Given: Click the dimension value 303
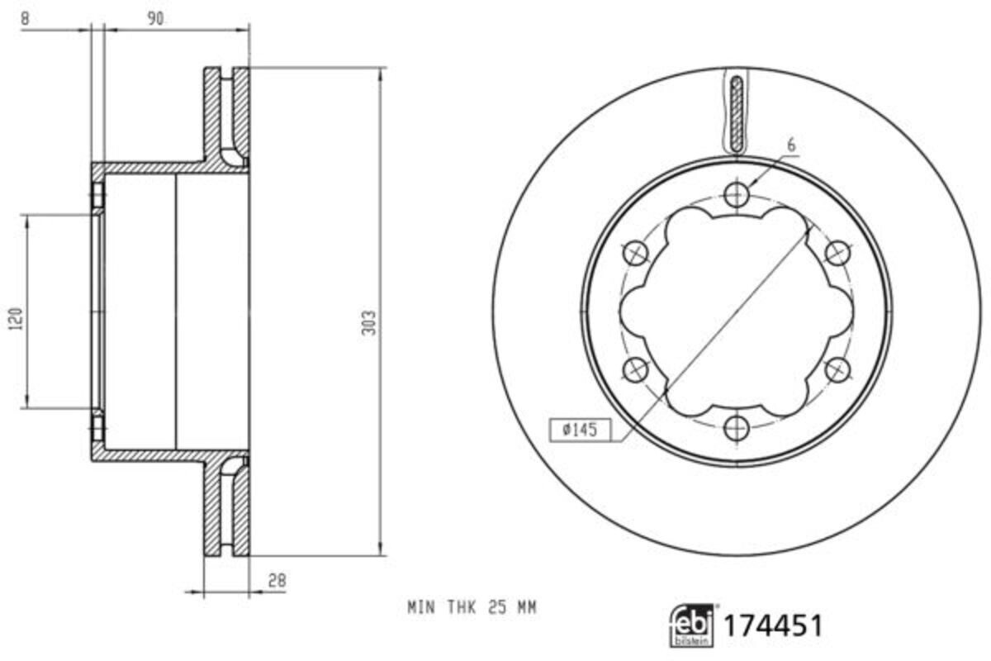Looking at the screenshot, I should pyautogui.click(x=369, y=322).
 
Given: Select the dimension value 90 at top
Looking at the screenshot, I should pyautogui.click(x=154, y=19).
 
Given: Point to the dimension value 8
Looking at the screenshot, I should pyautogui.click(x=26, y=19).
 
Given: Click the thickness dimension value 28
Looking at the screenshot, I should pyautogui.click(x=277, y=581).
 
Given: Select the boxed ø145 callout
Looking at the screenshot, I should pyautogui.click(x=579, y=430).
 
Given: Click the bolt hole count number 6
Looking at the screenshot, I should pyautogui.click(x=790, y=145).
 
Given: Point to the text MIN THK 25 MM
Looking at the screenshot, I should pyautogui.click(x=472, y=608).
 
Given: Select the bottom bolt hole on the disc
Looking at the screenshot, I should pyautogui.click(x=735, y=427).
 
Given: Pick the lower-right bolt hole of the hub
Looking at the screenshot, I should pyautogui.click(x=837, y=369).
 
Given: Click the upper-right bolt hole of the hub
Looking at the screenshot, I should pyautogui.click(x=837, y=252).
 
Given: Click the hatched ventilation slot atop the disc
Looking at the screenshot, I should pyautogui.click(x=737, y=112).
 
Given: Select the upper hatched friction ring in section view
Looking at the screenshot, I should pyautogui.click(x=225, y=116).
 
